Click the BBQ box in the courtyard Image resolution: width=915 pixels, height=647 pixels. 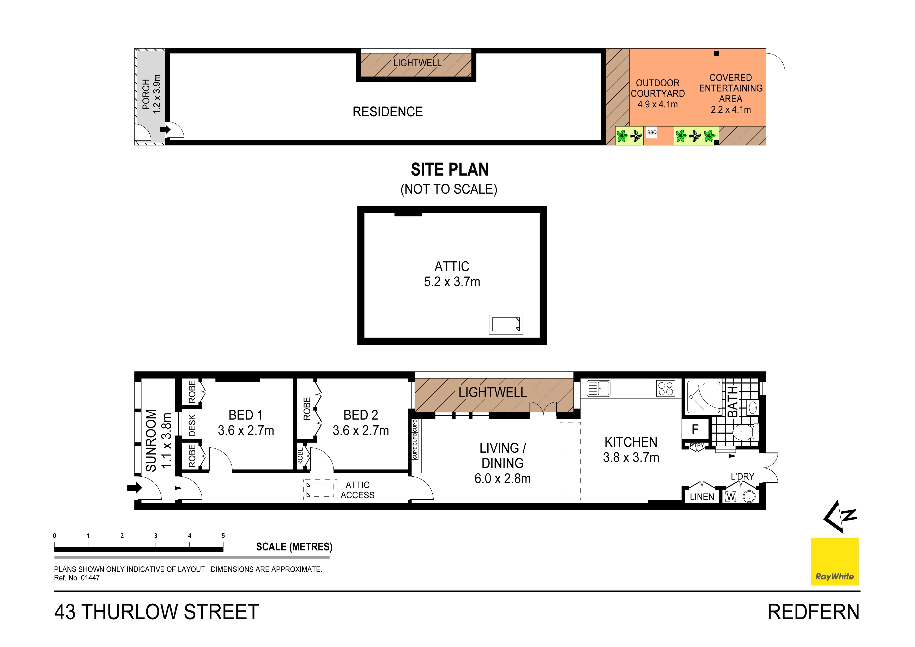click(x=652, y=132)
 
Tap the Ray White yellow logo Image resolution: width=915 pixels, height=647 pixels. click(x=834, y=561)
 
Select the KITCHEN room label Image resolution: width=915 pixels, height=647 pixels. click(x=631, y=442)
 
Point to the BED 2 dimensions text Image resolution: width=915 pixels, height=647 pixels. click(x=361, y=430)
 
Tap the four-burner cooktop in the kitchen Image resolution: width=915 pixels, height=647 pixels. click(x=665, y=388)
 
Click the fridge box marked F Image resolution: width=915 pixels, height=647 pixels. click(x=695, y=429)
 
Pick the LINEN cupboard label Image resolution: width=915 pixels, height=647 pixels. click(x=702, y=497)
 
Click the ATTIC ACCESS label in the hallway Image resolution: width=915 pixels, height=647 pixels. click(x=357, y=490)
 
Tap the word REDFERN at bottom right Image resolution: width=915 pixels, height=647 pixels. click(x=813, y=612)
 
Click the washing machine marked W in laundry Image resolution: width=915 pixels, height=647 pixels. click(x=730, y=497)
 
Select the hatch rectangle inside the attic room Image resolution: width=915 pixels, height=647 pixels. click(x=506, y=324)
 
